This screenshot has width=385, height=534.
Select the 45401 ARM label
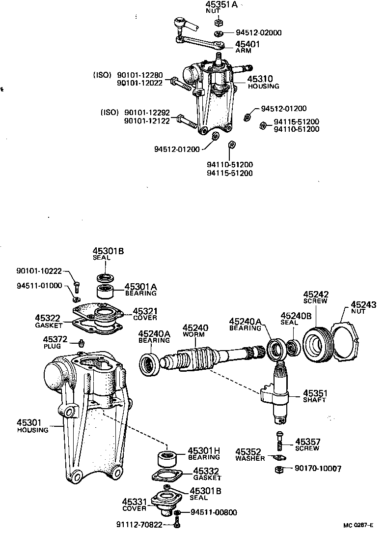click(x=248, y=46)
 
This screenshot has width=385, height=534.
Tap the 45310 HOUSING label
click(x=263, y=82)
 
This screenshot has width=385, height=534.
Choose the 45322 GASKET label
click(x=48, y=322)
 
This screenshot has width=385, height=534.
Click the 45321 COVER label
click(x=145, y=314)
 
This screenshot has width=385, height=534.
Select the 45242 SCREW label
click(x=316, y=297)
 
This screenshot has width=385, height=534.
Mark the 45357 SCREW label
click(x=307, y=445)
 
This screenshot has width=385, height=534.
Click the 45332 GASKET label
click(x=206, y=474)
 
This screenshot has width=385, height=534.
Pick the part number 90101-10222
click(x=39, y=271)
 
